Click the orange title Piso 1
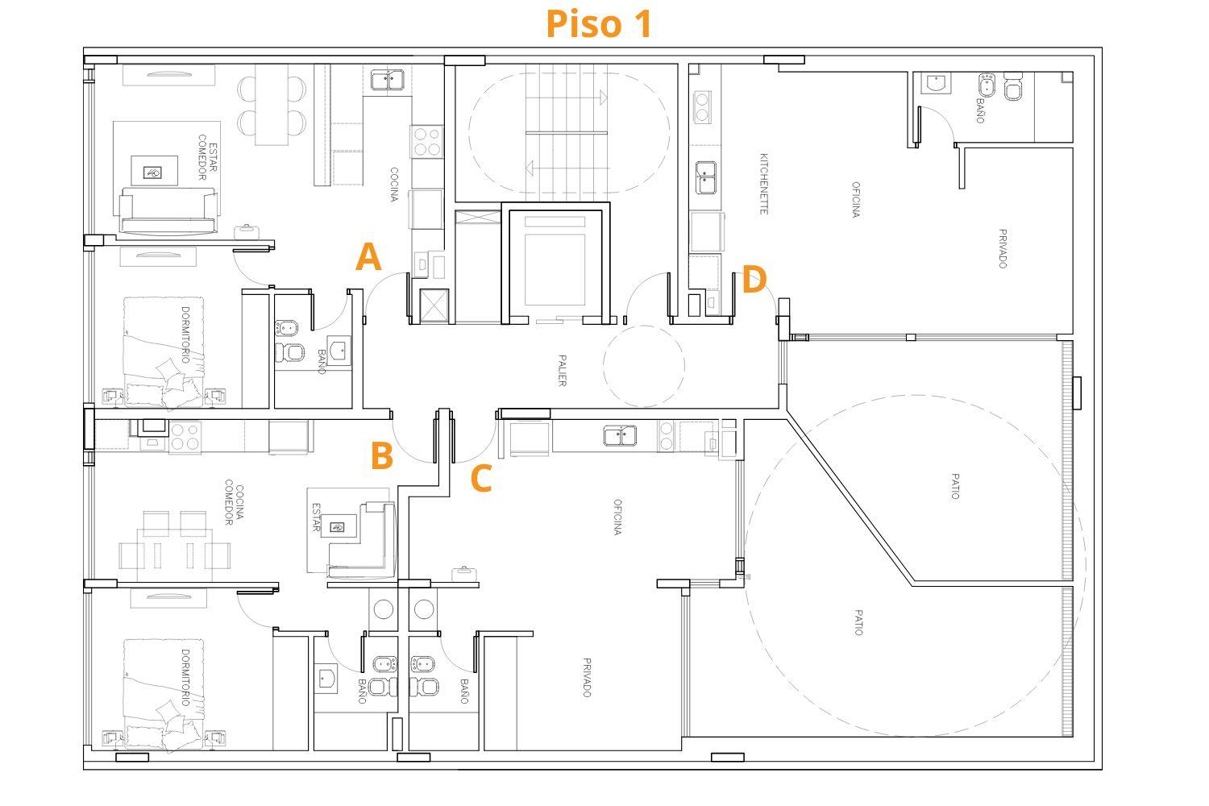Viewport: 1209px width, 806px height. pyautogui.click(x=599, y=23)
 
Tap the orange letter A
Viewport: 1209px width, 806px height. pyautogui.click(x=368, y=257)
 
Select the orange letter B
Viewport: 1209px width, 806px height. pyautogui.click(x=381, y=455)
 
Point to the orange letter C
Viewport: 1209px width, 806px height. pyautogui.click(x=481, y=478)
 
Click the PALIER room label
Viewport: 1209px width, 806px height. pyautogui.click(x=562, y=370)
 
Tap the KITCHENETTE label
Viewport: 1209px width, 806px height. pyautogui.click(x=764, y=184)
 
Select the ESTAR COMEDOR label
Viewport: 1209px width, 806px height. pyautogui.click(x=207, y=158)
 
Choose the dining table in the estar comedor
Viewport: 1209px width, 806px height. pyautogui.click(x=272, y=106)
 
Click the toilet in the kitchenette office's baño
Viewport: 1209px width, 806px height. pyautogui.click(x=1013, y=87)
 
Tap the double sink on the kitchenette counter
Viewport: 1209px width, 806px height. pyautogui.click(x=706, y=177)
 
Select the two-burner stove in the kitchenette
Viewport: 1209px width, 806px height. pyautogui.click(x=702, y=107)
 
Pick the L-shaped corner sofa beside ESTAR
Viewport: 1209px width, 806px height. pyautogui.click(x=363, y=540)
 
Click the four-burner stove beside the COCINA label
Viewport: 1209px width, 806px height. pyautogui.click(x=426, y=141)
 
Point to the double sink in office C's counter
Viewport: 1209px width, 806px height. pyautogui.click(x=620, y=436)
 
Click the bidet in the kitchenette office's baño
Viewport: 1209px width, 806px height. pyautogui.click(x=987, y=85)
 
